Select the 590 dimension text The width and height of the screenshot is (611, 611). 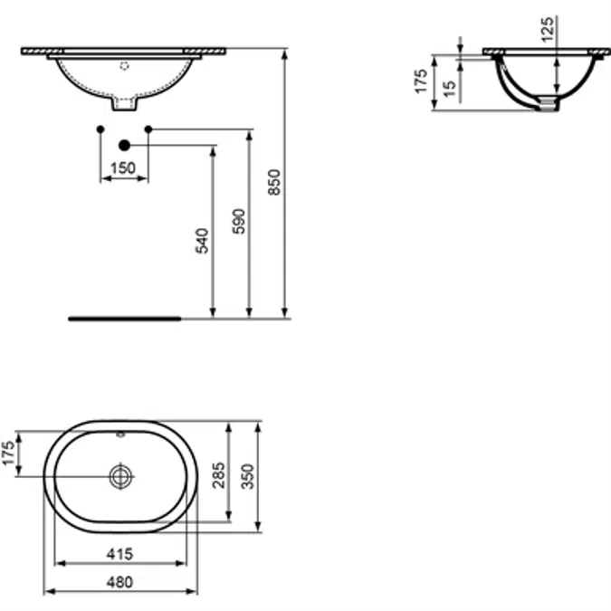(239, 223)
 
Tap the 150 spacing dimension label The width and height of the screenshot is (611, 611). (123, 167)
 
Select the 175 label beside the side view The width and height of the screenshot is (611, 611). (419, 82)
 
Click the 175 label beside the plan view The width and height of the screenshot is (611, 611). (9, 454)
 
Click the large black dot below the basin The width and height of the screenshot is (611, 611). (125, 145)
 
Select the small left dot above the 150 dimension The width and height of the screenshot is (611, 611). (100, 129)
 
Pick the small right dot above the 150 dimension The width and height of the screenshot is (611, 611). (148, 129)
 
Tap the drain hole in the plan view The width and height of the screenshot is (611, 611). (121, 476)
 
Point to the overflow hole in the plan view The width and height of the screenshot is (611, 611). (121, 434)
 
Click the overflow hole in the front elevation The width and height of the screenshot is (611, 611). (125, 65)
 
